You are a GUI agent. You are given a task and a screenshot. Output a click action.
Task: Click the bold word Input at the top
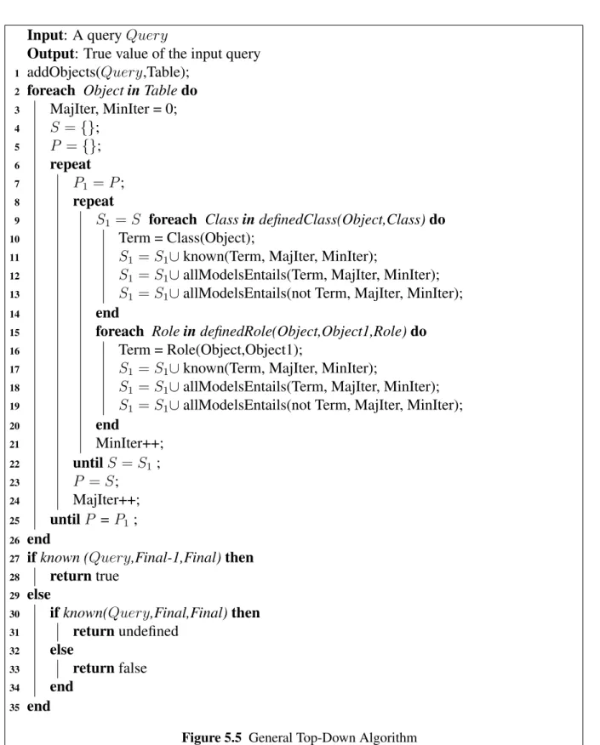46,36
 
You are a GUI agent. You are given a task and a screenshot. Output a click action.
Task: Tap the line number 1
17,73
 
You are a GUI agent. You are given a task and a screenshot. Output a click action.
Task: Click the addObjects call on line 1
108,72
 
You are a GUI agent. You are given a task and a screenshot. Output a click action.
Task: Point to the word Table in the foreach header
161,90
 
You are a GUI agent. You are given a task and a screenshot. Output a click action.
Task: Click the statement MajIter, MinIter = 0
114,109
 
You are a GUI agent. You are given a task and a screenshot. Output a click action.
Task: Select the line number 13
14,294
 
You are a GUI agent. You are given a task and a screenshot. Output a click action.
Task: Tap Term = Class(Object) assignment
187,238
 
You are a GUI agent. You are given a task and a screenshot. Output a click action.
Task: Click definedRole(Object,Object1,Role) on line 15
303,331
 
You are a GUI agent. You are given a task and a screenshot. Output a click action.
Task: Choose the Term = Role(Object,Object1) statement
210,350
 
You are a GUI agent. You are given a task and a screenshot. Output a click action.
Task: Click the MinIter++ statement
130,443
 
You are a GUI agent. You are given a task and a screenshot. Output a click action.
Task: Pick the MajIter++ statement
106,500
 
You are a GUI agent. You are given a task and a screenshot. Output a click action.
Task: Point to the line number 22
14,464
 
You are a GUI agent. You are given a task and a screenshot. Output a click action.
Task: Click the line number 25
14,520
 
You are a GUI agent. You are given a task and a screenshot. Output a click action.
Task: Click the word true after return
107,577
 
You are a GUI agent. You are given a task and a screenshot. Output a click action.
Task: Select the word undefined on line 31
148,631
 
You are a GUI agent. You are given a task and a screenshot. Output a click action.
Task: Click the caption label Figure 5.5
212,737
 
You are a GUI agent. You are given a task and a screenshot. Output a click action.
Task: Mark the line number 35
14,708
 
